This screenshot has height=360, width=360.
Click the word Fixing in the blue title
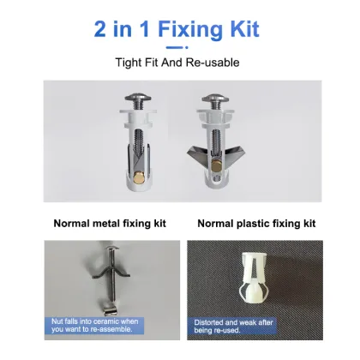pyautogui.click(x=190, y=30)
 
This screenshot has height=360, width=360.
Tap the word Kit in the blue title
pyautogui.click(x=245, y=28)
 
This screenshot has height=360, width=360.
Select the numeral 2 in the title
pyautogui.click(x=99, y=29)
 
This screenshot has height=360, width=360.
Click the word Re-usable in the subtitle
pyautogui.click(x=213, y=63)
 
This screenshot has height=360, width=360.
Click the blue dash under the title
pyautogui.click(x=177, y=47)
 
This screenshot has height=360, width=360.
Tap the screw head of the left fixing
pyautogui.click(x=138, y=97)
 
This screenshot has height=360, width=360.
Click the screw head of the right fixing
pyautogui.click(x=215, y=98)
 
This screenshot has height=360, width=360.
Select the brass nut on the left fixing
pyautogui.click(x=140, y=177)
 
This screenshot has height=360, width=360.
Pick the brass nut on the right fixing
pyautogui.click(x=217, y=166)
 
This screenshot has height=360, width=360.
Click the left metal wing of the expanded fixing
pyautogui.click(x=198, y=154)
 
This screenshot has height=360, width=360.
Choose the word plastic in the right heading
pyautogui.click(x=253, y=223)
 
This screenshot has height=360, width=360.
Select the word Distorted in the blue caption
pyautogui.click(x=208, y=322)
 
